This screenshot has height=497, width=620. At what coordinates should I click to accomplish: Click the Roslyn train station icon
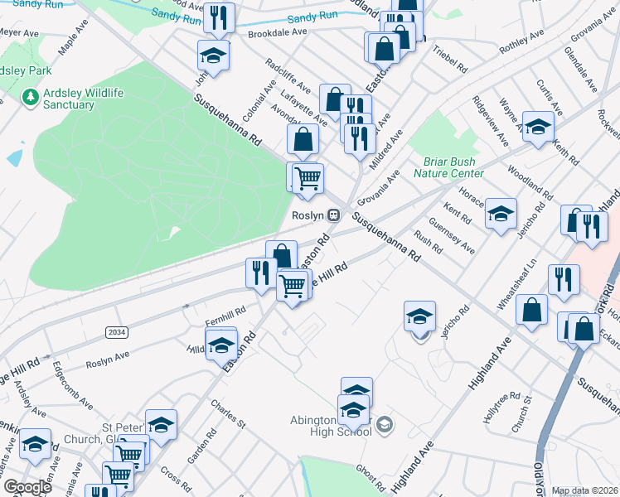333,215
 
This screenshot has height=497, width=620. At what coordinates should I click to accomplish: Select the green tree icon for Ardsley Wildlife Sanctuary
31,99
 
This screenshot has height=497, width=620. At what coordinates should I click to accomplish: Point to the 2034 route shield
117,332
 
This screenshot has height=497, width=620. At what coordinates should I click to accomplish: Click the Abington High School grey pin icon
384,425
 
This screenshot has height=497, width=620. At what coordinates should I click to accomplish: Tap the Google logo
27,487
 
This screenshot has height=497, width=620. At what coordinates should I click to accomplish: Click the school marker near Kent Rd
501,215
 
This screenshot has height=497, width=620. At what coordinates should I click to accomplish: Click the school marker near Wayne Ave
538,128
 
